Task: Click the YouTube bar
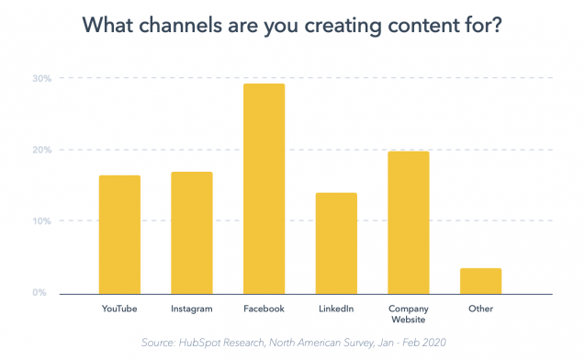pyautogui.click(x=119, y=234)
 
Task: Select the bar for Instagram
pyautogui.click(x=191, y=232)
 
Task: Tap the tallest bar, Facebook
pyautogui.click(x=264, y=188)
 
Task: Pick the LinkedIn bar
pyautogui.click(x=336, y=242)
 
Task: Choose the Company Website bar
pyautogui.click(x=408, y=222)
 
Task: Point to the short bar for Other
pyautogui.click(x=480, y=281)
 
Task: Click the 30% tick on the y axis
pyautogui.click(x=41, y=78)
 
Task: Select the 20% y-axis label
pyautogui.click(x=41, y=150)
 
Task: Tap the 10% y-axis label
pyautogui.click(x=41, y=221)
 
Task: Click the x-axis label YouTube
pyautogui.click(x=119, y=309)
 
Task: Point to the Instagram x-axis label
pyautogui.click(x=191, y=309)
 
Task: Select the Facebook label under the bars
pyautogui.click(x=264, y=309)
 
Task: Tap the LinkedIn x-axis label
pyautogui.click(x=336, y=309)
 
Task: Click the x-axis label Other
pyautogui.click(x=480, y=309)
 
